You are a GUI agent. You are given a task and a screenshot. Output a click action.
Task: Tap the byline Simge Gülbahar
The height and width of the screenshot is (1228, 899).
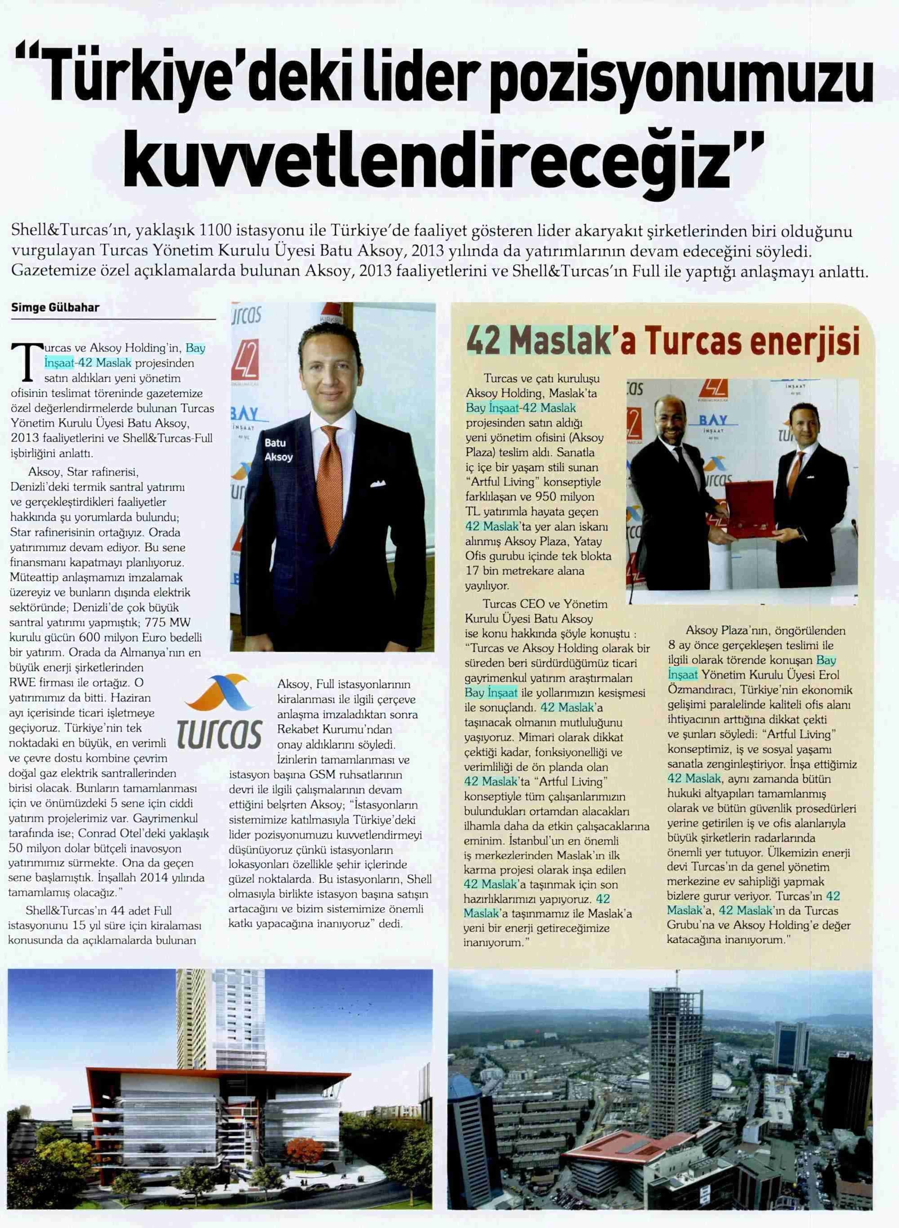tap(56, 308)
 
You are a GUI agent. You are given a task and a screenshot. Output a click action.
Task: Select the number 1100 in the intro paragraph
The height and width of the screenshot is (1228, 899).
tap(219, 231)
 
